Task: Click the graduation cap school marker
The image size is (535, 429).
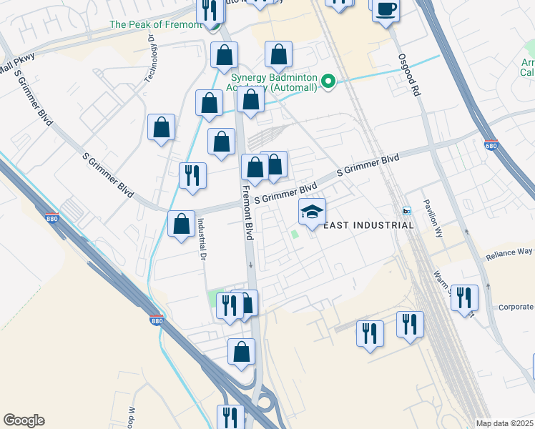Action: click(x=312, y=212)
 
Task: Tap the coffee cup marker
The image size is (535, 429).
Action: click(x=386, y=9)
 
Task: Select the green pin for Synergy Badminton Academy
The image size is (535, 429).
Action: click(x=328, y=82)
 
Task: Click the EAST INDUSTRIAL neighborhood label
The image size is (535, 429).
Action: click(x=368, y=225)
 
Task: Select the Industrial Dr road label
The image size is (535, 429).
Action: click(x=202, y=239)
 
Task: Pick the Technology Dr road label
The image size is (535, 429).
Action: click(x=151, y=61)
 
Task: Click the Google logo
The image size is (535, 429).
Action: click(x=24, y=420)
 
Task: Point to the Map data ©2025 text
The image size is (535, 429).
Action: click(x=504, y=423)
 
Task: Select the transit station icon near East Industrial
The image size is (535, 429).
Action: click(x=407, y=211)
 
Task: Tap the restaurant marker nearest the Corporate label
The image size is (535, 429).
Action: click(x=464, y=297)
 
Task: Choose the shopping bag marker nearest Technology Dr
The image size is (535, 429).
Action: click(x=162, y=127)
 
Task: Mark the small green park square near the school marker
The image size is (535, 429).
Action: click(x=295, y=233)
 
